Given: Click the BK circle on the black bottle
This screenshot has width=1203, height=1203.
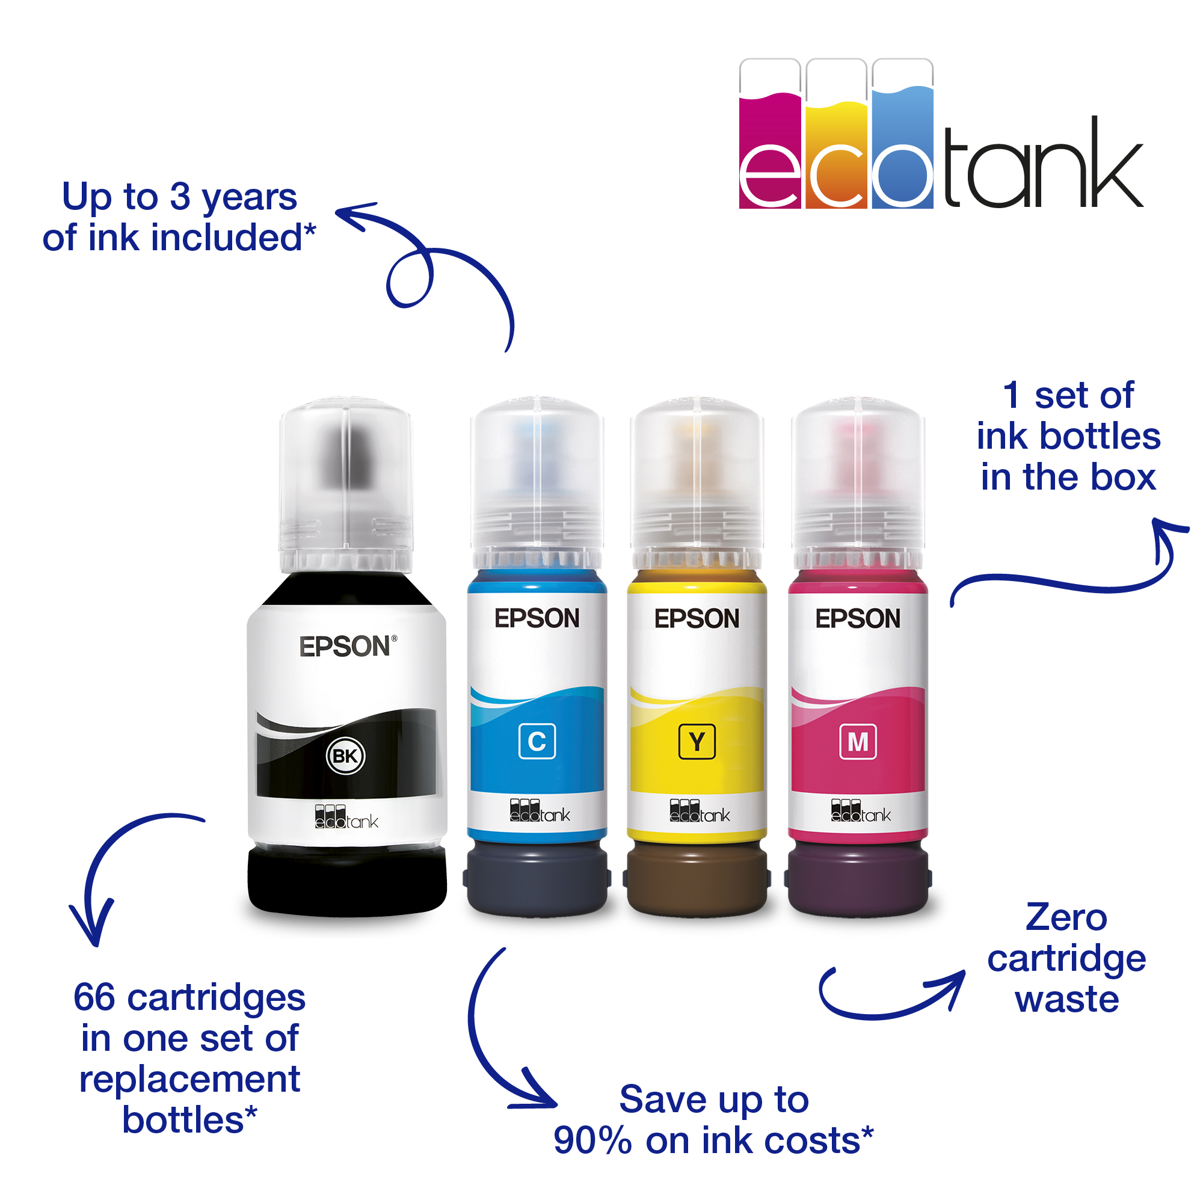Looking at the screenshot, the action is click(x=346, y=756).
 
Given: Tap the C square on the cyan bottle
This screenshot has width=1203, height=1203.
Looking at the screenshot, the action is click(x=537, y=742).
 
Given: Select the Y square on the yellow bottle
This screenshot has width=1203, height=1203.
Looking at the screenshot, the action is click(x=697, y=742).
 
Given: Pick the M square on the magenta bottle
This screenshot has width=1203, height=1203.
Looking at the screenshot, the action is click(x=858, y=742).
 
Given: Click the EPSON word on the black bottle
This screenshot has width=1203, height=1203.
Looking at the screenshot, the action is click(x=346, y=647).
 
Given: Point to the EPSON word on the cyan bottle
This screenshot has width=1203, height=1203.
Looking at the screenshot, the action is click(x=537, y=618).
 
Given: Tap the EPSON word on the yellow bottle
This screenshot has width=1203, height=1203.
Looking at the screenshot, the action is click(x=697, y=618).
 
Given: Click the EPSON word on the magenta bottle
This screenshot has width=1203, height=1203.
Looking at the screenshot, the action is click(x=858, y=618).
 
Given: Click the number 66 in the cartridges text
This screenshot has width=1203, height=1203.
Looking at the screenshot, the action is click(x=94, y=997).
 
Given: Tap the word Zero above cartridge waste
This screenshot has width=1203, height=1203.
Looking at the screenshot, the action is click(x=1066, y=918).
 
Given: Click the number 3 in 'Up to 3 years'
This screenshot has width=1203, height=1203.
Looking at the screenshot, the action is click(x=180, y=197).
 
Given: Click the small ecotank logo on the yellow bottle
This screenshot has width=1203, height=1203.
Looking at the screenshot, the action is click(x=700, y=811).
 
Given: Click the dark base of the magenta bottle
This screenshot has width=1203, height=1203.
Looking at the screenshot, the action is click(x=858, y=878).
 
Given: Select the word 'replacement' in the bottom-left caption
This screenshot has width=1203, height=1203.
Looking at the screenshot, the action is click(x=189, y=1079).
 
